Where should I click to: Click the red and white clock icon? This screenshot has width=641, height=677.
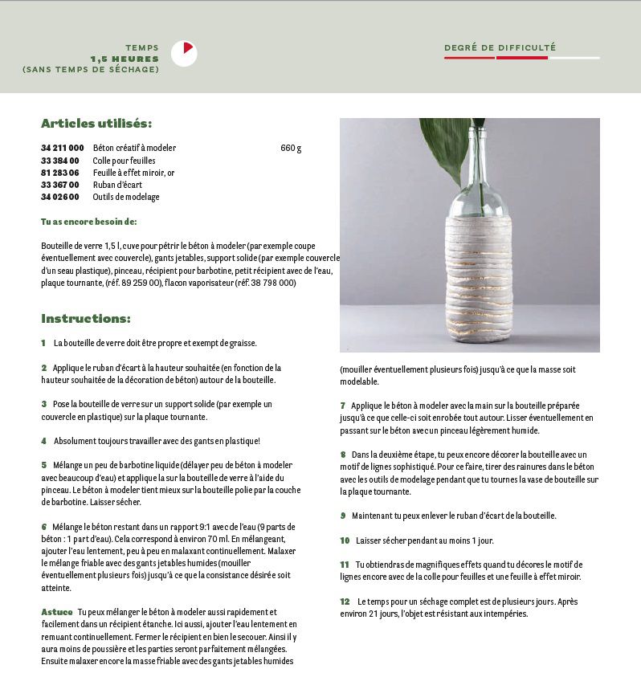[x=184, y=53]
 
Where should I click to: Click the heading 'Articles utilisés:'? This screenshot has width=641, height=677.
[x=96, y=124]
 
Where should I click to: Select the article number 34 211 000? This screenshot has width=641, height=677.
[x=63, y=149]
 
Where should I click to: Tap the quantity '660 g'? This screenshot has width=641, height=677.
[x=291, y=149]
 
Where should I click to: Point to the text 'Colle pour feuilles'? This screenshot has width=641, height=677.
[x=124, y=161]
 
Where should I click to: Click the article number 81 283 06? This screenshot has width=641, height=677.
[x=60, y=173]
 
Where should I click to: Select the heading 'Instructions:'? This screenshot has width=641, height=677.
[x=86, y=319]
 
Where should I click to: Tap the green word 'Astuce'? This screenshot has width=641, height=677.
[x=56, y=612]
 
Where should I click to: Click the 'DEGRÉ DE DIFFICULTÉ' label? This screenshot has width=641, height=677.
[x=500, y=48]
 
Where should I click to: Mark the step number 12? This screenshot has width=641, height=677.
[x=345, y=602]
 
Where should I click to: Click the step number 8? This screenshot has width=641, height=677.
[x=343, y=455]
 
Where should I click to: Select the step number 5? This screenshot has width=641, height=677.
[x=44, y=465]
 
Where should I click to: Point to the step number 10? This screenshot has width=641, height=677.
[x=345, y=540]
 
